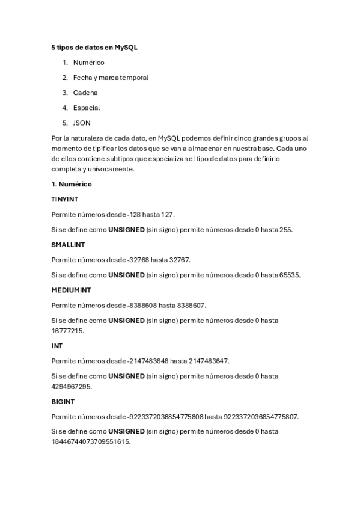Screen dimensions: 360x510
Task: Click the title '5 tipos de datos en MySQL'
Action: [x=95, y=47]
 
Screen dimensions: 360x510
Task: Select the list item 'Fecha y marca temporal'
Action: [x=111, y=78]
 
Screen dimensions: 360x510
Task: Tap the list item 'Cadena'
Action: [x=85, y=93]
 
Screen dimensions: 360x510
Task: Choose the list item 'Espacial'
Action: [x=87, y=108]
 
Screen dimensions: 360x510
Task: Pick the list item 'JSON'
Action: [x=82, y=123]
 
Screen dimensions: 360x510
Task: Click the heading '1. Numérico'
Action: [x=72, y=184]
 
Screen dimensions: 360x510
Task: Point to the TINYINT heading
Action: [x=66, y=199]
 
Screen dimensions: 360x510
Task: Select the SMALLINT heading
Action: [x=68, y=245]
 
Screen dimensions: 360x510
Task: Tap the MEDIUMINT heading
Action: [x=70, y=290]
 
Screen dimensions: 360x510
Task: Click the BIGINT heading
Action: [x=63, y=401]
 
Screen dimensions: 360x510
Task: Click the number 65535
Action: [x=290, y=275]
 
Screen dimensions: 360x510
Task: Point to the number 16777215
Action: [x=68, y=331]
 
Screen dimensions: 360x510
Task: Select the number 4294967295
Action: [x=72, y=387]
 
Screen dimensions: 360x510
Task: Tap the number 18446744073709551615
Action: [x=91, y=441]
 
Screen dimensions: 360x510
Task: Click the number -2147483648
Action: [x=148, y=361]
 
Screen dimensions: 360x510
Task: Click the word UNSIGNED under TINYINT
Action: [x=126, y=230]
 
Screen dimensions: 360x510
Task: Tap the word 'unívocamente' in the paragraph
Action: [x=113, y=169]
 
